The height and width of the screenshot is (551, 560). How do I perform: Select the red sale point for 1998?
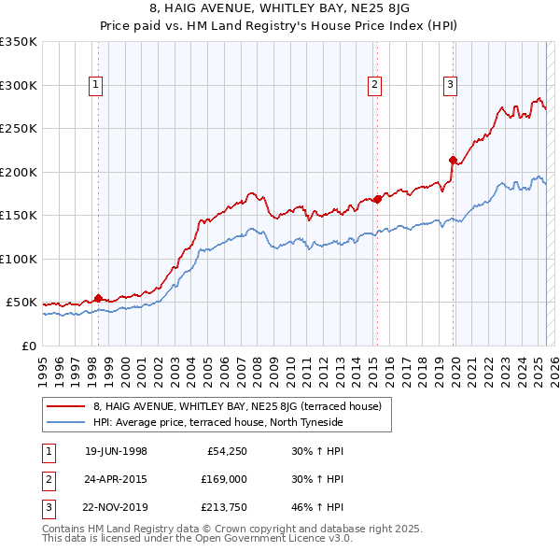tap(99, 298)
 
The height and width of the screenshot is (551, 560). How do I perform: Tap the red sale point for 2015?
tap(377, 199)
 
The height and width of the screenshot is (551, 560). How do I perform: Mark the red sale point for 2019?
tap(453, 160)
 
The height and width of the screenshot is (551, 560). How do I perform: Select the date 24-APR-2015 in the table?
tap(116, 479)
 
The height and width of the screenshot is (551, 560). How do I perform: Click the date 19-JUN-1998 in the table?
tap(116, 451)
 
